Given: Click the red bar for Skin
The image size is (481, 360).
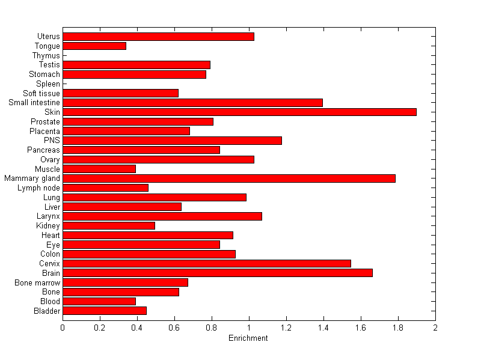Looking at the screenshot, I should pyautogui.click(x=239, y=112).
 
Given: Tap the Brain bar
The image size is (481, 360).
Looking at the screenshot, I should pyautogui.click(x=217, y=273).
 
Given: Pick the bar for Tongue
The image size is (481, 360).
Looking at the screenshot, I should pyautogui.click(x=94, y=46).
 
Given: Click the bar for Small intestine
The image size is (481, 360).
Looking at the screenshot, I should pyautogui.click(x=192, y=103).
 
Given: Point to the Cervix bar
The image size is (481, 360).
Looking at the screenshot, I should pyautogui.click(x=206, y=263).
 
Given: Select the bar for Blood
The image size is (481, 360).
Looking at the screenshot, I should pyautogui.click(x=99, y=301).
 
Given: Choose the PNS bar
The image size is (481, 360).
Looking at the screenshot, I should pyautogui.click(x=172, y=141).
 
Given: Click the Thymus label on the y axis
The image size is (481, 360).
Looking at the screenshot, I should pyautogui.click(x=46, y=55).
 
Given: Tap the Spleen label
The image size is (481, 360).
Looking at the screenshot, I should pyautogui.click(x=48, y=84).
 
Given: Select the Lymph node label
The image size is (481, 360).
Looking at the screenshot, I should pyautogui.click(x=39, y=188).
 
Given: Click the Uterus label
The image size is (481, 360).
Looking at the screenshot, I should pyautogui.click(x=48, y=37).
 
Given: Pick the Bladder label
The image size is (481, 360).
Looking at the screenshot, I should pyautogui.click(x=47, y=311).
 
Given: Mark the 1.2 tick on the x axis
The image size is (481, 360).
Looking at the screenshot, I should pyautogui.click(x=286, y=328).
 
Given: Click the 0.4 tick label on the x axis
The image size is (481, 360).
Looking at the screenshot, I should pyautogui.click(x=137, y=328).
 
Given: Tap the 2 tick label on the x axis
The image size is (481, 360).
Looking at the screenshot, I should pyautogui.click(x=435, y=328).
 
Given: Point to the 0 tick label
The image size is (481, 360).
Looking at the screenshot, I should pyautogui.click(x=63, y=328).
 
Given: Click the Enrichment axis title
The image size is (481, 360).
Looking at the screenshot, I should pyautogui.click(x=248, y=338).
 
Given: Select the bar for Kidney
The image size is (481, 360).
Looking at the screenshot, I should pyautogui.click(x=109, y=225).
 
